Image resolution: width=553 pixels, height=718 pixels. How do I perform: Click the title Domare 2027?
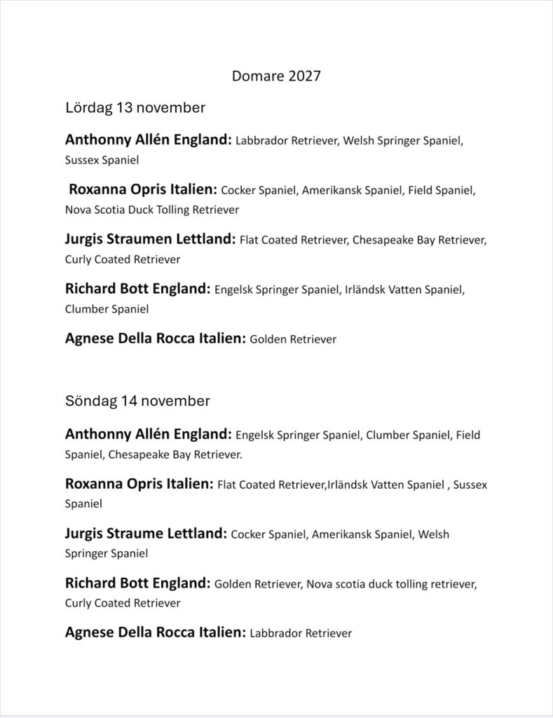tap(276, 76)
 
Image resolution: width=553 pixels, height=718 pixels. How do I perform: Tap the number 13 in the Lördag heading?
tap(123, 108)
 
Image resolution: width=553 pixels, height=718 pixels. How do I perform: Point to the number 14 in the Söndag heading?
tap(128, 401)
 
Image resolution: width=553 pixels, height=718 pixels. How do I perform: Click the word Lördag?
tap(88, 108)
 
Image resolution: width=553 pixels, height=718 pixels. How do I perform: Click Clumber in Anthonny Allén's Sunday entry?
tap(385, 435)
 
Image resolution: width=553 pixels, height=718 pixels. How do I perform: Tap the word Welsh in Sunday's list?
tap(433, 534)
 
